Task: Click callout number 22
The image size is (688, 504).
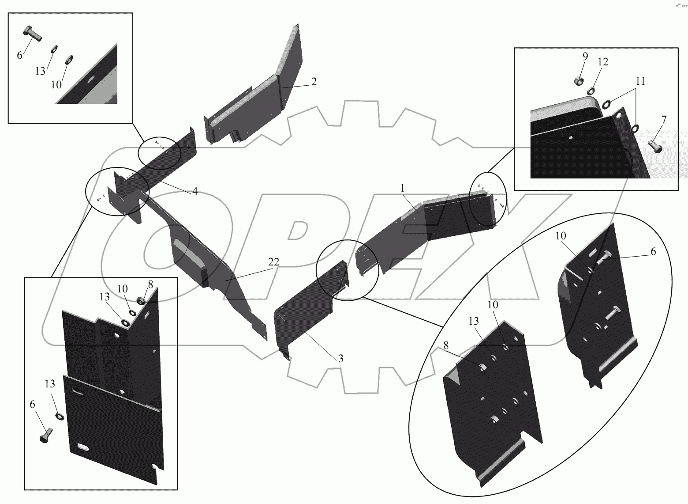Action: [273, 262]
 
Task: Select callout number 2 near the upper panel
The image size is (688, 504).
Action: [314, 82]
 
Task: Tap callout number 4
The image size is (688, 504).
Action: [195, 191]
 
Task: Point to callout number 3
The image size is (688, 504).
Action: [340, 359]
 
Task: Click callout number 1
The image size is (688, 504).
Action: [403, 188]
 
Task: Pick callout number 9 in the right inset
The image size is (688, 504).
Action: [585, 56]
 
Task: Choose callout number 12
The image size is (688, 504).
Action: [603, 62]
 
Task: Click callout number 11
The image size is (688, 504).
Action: [640, 81]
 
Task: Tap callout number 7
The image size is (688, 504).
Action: [664, 120]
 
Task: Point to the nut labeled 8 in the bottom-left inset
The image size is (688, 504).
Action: [141, 300]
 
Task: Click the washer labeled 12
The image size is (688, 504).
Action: [591, 91]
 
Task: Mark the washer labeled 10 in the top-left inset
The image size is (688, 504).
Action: [70, 60]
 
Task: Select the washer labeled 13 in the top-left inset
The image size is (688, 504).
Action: [54, 49]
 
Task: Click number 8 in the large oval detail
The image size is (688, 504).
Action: [446, 345]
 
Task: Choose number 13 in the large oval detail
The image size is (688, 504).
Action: [474, 321]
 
